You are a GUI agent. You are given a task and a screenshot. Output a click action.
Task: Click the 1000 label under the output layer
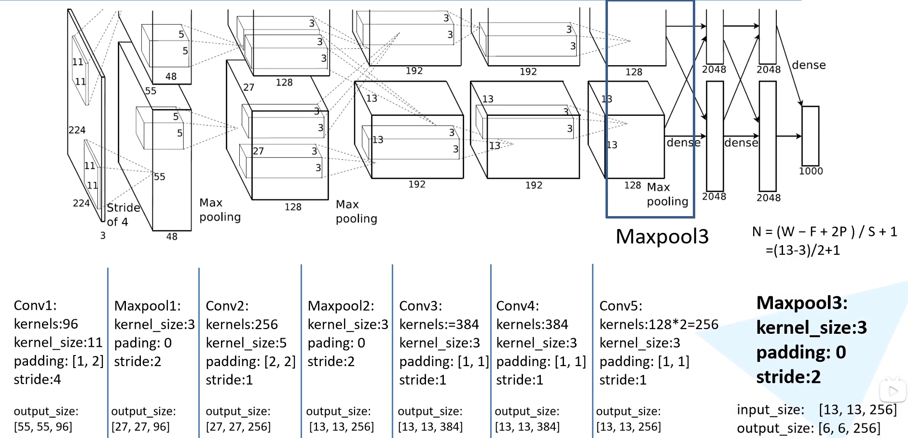(x=811, y=171)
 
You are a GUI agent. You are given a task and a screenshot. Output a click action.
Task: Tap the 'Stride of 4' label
(x=124, y=215)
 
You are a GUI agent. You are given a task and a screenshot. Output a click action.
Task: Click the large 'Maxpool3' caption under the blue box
(x=662, y=236)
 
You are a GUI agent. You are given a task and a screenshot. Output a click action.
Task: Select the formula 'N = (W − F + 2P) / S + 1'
(x=825, y=232)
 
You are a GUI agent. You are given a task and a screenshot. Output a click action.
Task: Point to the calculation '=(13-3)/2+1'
(x=803, y=250)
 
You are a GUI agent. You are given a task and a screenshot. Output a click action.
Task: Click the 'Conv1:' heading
(x=35, y=305)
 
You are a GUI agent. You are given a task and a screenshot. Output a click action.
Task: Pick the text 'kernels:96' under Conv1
(x=46, y=324)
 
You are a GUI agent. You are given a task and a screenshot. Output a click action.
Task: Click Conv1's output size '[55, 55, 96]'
(x=43, y=427)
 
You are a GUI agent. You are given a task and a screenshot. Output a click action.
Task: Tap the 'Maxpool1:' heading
(x=148, y=306)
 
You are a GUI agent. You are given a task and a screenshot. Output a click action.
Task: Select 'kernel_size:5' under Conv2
(x=246, y=343)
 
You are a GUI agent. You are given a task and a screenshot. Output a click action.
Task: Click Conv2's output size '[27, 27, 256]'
(x=238, y=427)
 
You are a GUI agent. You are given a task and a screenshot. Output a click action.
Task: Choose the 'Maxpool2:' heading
(x=341, y=306)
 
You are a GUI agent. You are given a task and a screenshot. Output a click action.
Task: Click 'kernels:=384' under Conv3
(x=439, y=324)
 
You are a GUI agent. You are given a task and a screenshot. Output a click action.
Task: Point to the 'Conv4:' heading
(x=518, y=306)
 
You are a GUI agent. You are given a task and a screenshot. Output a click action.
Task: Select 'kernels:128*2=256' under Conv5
(x=659, y=324)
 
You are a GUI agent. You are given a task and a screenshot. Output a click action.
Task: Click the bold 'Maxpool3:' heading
(x=802, y=303)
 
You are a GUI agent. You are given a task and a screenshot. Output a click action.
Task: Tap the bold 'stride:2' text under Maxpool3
(x=788, y=377)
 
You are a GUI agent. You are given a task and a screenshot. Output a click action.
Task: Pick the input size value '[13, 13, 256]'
(x=858, y=410)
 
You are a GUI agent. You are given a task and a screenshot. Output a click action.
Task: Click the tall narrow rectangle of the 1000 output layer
(x=811, y=136)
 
